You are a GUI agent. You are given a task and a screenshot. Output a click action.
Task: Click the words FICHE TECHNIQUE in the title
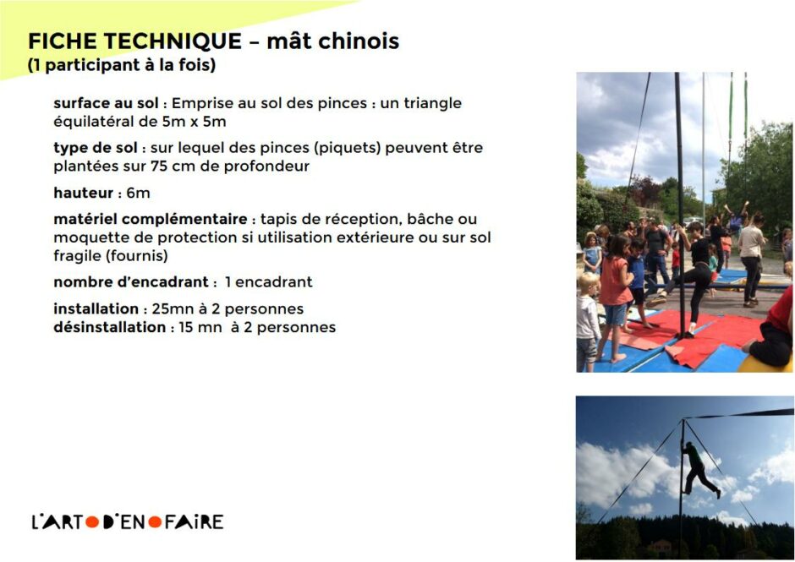pyautogui.click(x=134, y=41)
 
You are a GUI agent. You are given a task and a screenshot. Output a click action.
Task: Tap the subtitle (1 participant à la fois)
pyautogui.click(x=122, y=65)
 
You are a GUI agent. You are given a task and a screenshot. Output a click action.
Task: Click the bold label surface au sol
pyautogui.click(x=106, y=103)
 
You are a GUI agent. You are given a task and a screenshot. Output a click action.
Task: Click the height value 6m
pyautogui.click(x=137, y=193)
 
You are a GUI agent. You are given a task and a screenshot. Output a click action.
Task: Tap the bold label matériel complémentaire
pyautogui.click(x=150, y=219)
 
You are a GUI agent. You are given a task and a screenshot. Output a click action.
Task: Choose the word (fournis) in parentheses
pyautogui.click(x=136, y=255)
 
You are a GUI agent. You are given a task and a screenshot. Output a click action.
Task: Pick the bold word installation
pyautogui.click(x=96, y=308)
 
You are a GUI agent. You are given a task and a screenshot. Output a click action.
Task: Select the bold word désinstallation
pyautogui.click(x=108, y=327)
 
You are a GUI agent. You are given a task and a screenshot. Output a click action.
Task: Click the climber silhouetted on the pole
pyautogui.click(x=699, y=467)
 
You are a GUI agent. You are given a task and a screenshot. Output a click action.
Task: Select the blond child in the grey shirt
pyautogui.click(x=587, y=317)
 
